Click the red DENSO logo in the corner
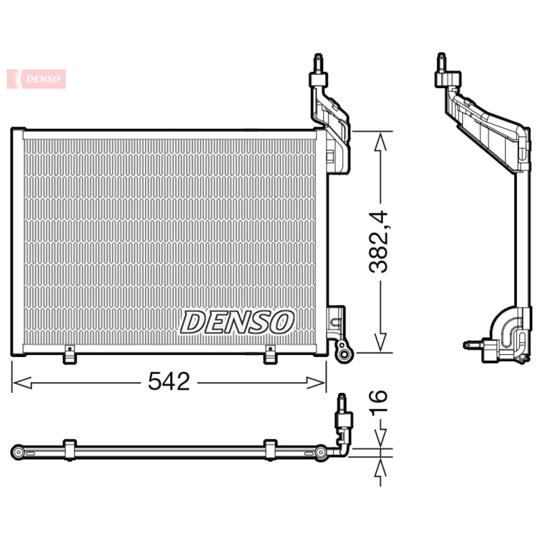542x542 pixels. (x=37, y=79)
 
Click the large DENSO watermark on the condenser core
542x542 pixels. (x=236, y=322)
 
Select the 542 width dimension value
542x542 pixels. (x=169, y=383)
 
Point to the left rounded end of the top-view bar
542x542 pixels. (x=18, y=450)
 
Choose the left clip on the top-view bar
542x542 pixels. (x=68, y=449)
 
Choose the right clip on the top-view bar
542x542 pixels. (x=270, y=449)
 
